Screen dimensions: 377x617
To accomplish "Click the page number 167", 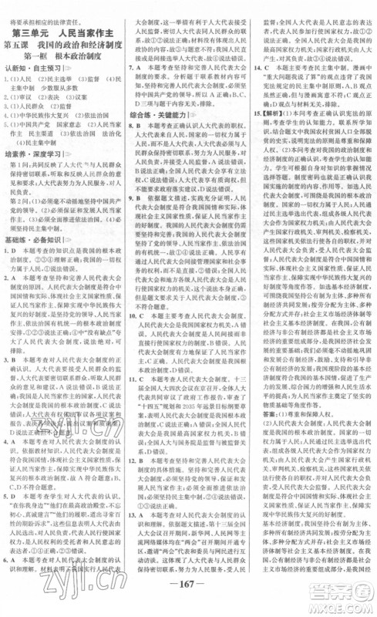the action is [189, 600].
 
